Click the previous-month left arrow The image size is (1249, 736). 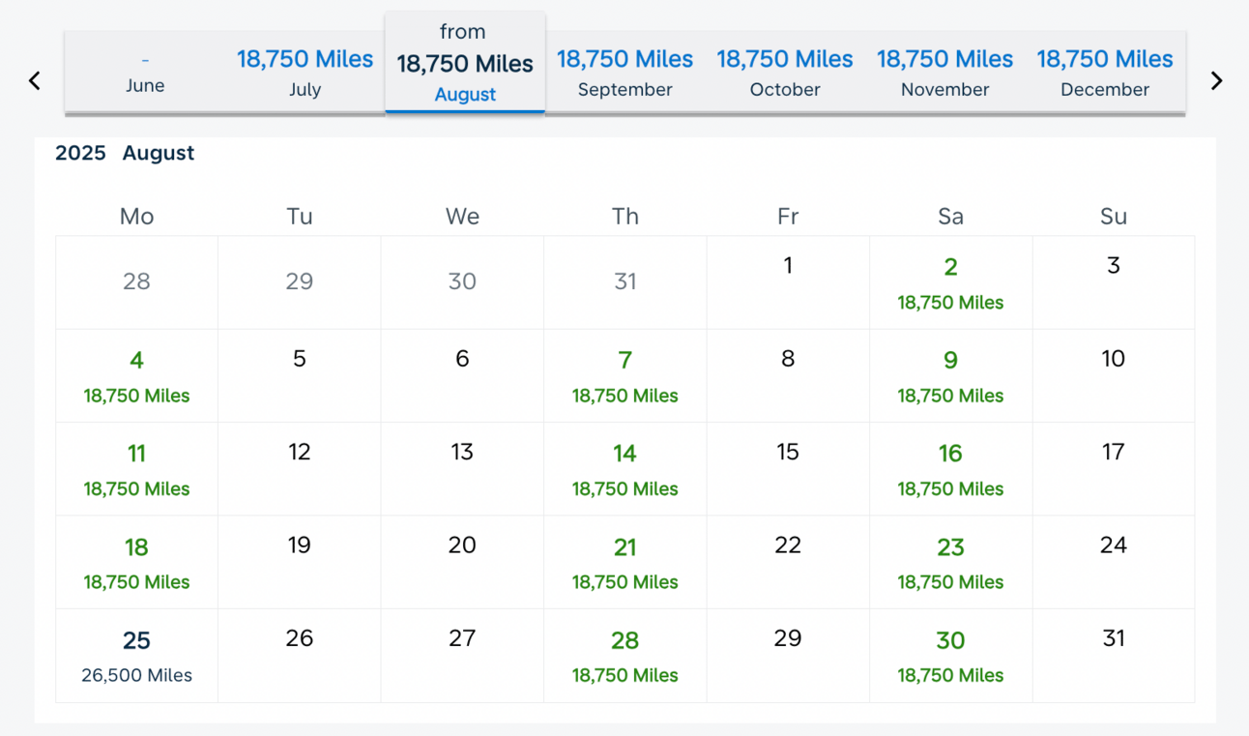(35, 81)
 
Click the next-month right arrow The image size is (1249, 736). (1217, 81)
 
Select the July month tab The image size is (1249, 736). (305, 73)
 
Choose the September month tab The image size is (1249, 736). (625, 73)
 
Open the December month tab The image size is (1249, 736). (1105, 73)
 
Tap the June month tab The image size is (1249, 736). (145, 73)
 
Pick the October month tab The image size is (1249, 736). (785, 73)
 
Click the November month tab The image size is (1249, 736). (944, 73)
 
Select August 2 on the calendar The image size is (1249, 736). (950, 283)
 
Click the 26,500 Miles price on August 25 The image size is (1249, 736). (136, 675)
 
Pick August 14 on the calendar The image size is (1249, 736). (625, 469)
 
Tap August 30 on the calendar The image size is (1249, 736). (950, 656)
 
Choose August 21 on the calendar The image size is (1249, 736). (625, 563)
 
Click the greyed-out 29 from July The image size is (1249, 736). (300, 281)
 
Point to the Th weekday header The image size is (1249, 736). (625, 217)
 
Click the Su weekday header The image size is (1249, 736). (1114, 217)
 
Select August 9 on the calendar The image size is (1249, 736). (950, 376)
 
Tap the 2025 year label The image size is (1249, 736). (80, 153)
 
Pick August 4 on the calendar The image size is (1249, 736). (136, 376)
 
